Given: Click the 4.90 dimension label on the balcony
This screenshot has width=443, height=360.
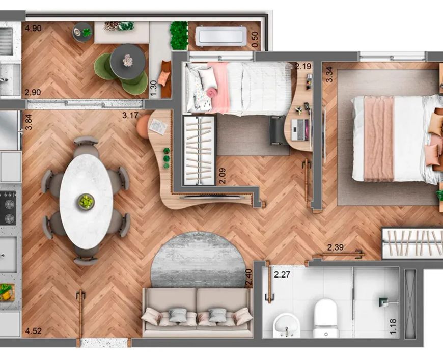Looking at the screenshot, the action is click(33, 28).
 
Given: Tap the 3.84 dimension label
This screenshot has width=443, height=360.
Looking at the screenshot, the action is click(29, 122).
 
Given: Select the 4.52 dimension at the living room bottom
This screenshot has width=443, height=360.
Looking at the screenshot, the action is click(33, 331).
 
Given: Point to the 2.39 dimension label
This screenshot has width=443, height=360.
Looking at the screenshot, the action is click(336, 247).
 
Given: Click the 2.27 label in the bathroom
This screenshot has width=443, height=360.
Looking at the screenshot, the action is click(282, 274).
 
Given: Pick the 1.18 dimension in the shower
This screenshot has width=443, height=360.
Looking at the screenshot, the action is click(393, 326).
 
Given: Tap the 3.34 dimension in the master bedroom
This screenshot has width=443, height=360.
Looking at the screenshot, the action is click(329, 74).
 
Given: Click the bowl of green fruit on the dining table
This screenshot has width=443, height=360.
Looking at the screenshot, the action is click(86, 202).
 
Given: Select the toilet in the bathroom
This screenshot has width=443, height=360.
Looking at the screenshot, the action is click(325, 318).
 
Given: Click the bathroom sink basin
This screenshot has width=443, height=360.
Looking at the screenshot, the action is click(287, 325).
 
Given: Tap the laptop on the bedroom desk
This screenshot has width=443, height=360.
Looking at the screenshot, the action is click(300, 129).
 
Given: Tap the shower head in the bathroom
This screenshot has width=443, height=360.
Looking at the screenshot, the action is click(383, 302).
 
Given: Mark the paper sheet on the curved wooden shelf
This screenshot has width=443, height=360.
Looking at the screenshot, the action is click(158, 126).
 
